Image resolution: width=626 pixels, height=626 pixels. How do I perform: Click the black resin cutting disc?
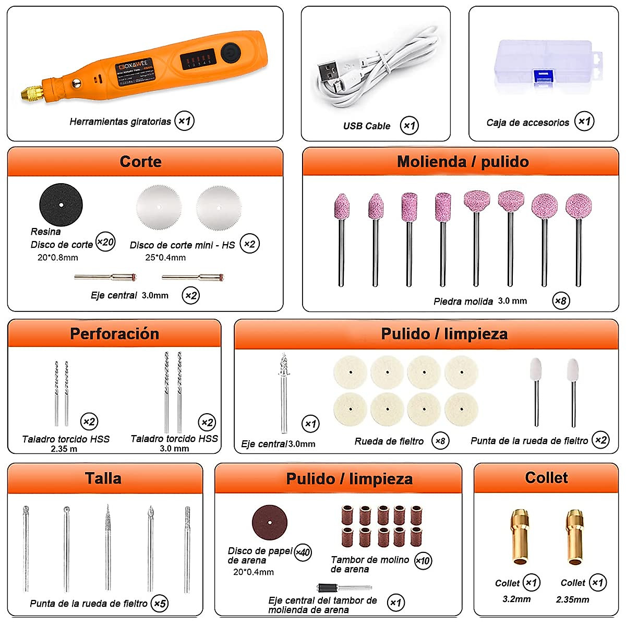[x=61, y=205]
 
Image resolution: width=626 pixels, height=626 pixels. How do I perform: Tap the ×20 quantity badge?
[x=105, y=242]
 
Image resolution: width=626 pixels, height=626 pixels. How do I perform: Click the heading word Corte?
[x=140, y=162]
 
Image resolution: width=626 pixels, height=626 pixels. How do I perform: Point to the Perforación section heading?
[x=114, y=334]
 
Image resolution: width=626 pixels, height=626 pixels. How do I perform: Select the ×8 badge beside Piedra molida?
[x=561, y=300]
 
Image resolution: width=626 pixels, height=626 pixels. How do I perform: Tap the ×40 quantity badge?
[x=303, y=552]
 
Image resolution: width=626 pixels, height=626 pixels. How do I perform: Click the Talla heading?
[x=103, y=478]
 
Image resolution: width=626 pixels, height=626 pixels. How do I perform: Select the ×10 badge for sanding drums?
[x=423, y=561]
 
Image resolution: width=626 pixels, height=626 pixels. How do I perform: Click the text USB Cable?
[x=367, y=126]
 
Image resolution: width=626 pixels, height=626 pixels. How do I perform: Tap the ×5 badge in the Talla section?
[x=160, y=604]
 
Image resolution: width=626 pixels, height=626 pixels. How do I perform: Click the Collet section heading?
[x=546, y=478]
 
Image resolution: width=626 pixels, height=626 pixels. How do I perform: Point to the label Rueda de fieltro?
[x=389, y=441]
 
